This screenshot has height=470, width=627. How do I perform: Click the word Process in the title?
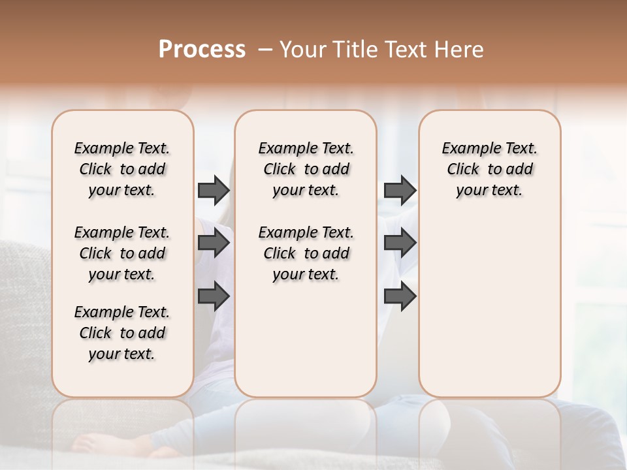pyautogui.click(x=202, y=50)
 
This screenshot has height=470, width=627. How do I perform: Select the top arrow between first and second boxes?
pyautogui.click(x=214, y=191)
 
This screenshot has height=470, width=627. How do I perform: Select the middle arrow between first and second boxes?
pyautogui.click(x=214, y=243)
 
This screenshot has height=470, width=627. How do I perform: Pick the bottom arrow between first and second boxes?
pyautogui.click(x=214, y=296)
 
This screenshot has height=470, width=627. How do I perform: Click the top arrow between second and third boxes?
pyautogui.click(x=400, y=191)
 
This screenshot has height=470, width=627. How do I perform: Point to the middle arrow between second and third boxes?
pyautogui.click(x=400, y=243)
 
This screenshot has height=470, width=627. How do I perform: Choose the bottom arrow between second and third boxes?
pyautogui.click(x=400, y=296)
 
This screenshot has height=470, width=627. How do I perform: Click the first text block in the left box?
pyautogui.click(x=122, y=169)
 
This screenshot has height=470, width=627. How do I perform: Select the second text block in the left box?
pyautogui.click(x=122, y=253)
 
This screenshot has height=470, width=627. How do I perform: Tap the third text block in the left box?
pyautogui.click(x=122, y=333)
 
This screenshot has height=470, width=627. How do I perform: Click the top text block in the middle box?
pyautogui.click(x=306, y=169)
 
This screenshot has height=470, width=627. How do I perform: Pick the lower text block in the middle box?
pyautogui.click(x=306, y=253)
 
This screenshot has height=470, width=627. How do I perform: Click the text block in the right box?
pyautogui.click(x=489, y=169)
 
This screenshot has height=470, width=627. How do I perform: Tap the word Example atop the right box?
pyautogui.click(x=466, y=148)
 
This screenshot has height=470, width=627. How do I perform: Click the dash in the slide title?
pyautogui.click(x=265, y=50)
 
